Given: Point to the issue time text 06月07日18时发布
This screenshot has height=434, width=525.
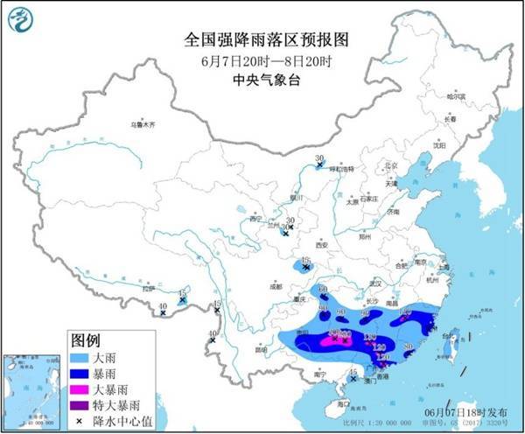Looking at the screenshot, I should coord(472,411).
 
